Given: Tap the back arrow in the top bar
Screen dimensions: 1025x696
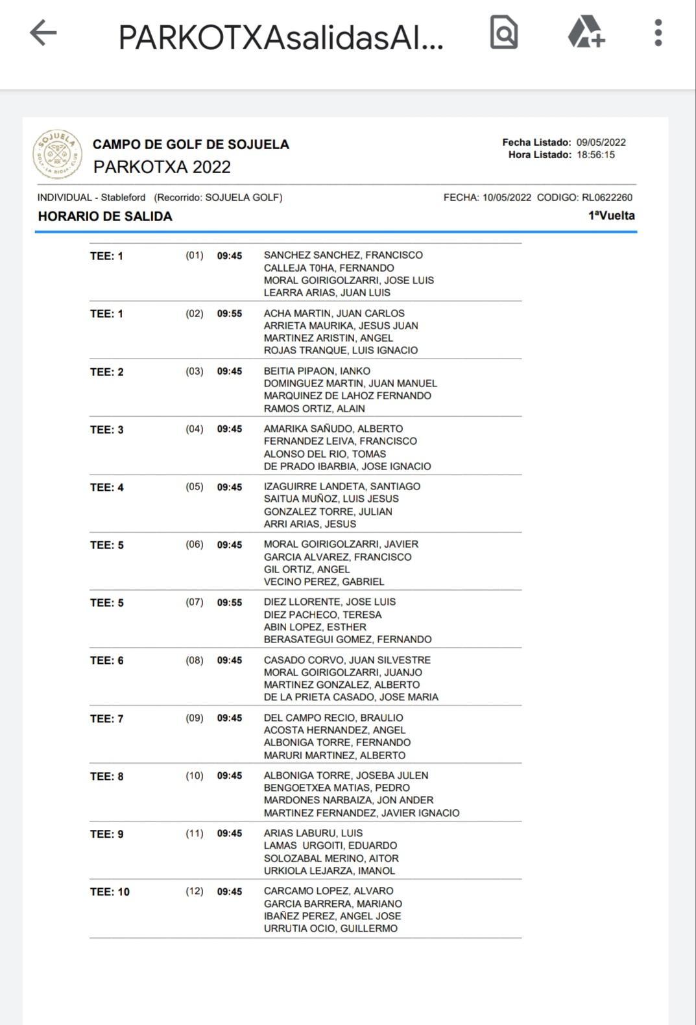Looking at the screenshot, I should (43, 33).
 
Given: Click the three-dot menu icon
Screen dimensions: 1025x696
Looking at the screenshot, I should (658, 33).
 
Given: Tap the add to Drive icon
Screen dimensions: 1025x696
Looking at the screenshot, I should (586, 32).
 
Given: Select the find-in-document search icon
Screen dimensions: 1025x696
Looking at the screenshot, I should (503, 32).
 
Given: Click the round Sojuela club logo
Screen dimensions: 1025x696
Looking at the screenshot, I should (58, 154).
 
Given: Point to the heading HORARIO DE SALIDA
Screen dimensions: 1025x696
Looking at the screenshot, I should (105, 217).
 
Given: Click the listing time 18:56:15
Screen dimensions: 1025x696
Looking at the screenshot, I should (595, 155).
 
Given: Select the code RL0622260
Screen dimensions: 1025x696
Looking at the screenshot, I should (606, 198).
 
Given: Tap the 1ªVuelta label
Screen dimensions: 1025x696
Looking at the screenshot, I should (611, 216).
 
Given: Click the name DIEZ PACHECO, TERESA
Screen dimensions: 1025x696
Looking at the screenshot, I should (322, 615).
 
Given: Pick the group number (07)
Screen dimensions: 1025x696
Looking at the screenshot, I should (195, 602).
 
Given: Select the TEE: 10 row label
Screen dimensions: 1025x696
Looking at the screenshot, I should (110, 892).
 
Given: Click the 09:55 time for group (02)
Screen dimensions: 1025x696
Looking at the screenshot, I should (230, 314).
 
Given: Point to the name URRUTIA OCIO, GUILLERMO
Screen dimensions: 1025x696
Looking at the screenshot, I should (330, 928).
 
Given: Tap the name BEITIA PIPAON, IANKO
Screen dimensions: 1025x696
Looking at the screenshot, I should (317, 371).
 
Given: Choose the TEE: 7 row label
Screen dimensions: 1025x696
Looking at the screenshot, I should (106, 719).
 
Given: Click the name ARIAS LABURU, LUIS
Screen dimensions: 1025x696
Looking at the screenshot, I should (313, 833).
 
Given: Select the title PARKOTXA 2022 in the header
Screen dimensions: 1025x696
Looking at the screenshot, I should (162, 167).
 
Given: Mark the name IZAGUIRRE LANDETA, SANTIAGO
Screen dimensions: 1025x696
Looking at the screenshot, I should (342, 486).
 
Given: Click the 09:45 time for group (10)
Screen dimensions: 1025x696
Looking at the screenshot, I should (230, 776).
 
